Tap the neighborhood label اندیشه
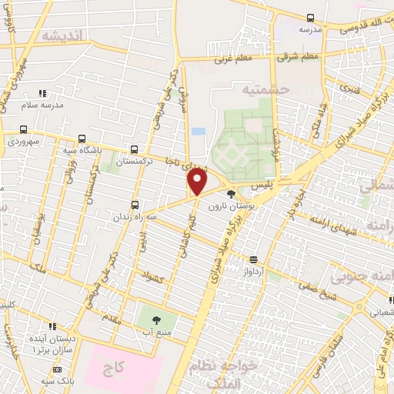(62, 36)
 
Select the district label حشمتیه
(265, 90)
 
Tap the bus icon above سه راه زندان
(135, 205)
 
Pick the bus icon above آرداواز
(253, 259)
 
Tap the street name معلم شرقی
(299, 56)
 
